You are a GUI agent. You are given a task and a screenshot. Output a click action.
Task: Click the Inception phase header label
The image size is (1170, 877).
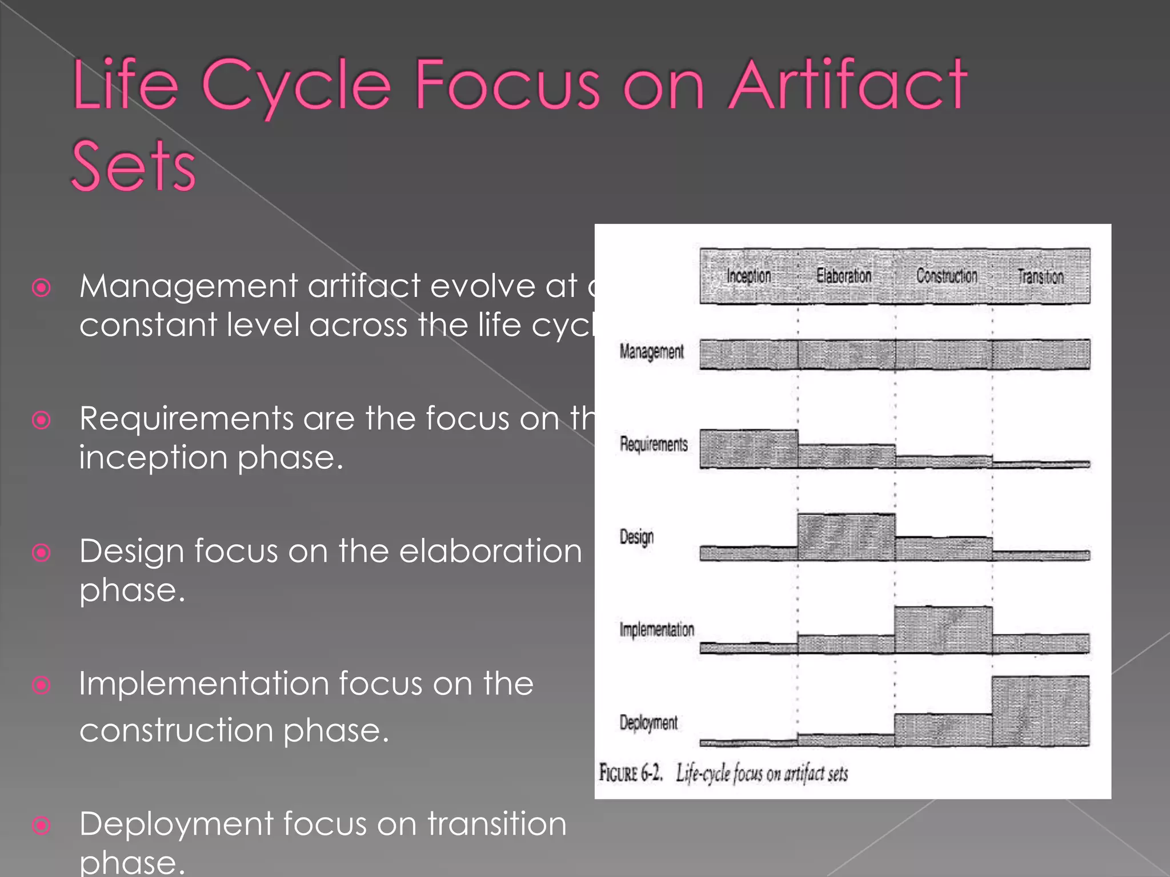[748, 276]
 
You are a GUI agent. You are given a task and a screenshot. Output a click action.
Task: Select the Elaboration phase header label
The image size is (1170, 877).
[844, 276]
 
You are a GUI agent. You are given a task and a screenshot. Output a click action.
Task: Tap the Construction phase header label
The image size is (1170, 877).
[947, 276]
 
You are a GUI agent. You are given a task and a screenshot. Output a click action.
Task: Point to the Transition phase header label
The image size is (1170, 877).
[1040, 277]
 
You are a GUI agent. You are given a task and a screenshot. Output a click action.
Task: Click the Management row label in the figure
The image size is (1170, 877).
[651, 352]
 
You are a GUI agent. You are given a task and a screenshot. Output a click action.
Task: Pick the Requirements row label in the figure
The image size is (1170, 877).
[654, 444]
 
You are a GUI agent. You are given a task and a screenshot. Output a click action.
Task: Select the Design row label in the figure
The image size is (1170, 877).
[636, 537]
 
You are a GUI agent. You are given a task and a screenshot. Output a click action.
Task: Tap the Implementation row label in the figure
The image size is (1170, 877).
[657, 630]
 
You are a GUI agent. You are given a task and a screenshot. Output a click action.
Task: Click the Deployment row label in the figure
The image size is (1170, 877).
[648, 723]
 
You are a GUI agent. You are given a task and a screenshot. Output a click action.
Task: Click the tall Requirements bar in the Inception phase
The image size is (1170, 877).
[749, 449]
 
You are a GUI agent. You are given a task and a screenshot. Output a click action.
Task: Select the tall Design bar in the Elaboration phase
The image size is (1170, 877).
[846, 537]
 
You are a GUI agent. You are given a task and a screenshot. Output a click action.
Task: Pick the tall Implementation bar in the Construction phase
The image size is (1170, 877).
[943, 630]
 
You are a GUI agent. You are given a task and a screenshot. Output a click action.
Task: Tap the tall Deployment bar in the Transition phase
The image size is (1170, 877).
[1040, 711]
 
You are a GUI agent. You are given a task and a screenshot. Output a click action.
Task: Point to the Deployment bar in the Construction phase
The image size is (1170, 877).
[943, 730]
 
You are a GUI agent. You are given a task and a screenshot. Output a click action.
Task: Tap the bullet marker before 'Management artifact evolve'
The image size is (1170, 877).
[42, 287]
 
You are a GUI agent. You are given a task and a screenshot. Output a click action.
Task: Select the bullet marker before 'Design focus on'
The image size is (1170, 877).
[42, 553]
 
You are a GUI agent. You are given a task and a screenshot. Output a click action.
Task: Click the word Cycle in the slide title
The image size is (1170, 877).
[296, 86]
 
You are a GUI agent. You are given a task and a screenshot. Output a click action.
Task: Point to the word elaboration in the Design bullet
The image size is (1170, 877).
[490, 552]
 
